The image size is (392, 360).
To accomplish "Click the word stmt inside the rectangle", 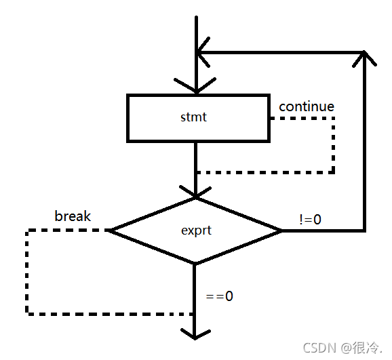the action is (x=193, y=117).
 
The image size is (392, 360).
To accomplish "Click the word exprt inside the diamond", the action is (x=196, y=231).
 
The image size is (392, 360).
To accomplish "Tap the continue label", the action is (x=307, y=106).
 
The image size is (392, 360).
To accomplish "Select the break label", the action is (x=73, y=216).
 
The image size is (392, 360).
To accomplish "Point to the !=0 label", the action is (x=310, y=220).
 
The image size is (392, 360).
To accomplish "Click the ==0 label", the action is (x=219, y=296).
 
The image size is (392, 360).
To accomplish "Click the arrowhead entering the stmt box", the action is (x=196, y=86).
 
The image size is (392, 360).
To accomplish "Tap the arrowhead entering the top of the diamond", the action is (x=195, y=192).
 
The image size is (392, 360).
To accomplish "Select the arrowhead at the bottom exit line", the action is (x=195, y=334).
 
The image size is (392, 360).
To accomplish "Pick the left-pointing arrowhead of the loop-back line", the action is (x=203, y=52).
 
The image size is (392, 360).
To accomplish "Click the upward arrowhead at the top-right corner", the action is (x=364, y=58).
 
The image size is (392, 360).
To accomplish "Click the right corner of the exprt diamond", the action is (x=281, y=231).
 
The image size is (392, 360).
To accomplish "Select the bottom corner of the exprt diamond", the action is (x=195, y=264).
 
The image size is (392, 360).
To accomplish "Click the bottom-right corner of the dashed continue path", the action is (x=333, y=172).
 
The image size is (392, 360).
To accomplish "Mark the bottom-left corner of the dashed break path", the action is (x=27, y=313).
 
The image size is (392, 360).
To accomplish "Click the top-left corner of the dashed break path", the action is (x=27, y=231).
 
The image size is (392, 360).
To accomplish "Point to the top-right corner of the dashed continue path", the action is (x=333, y=118).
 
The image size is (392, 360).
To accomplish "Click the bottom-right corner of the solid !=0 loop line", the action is (x=365, y=231).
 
